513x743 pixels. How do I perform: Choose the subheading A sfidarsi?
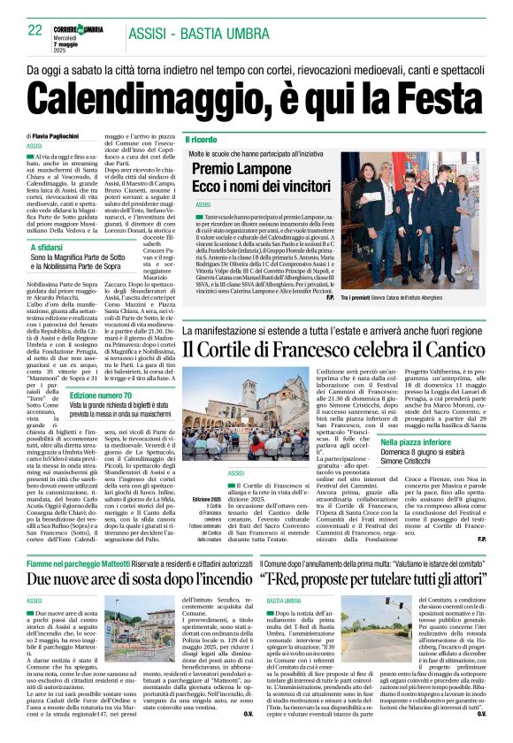(x=50, y=248)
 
